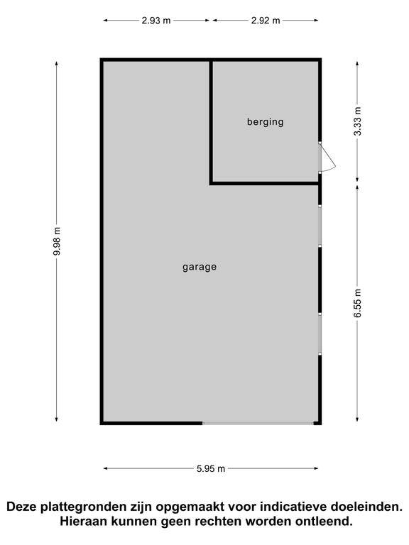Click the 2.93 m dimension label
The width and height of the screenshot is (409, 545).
[x=156, y=21]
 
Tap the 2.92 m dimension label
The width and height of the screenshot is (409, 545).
[x=266, y=21]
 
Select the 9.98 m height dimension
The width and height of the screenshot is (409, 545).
[x=57, y=241]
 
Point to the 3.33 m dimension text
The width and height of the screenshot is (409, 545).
[x=358, y=121]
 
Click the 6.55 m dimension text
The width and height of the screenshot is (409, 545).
[x=358, y=303]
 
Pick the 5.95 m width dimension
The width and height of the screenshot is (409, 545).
[x=211, y=468]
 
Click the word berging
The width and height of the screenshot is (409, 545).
[x=266, y=122]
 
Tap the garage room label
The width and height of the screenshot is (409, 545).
[x=200, y=267]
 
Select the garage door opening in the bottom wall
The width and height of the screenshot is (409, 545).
[x=258, y=423]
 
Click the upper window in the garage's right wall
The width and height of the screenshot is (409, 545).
[x=320, y=226]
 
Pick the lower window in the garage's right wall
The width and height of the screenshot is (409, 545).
[x=320, y=334]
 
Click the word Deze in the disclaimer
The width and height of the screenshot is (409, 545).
[x=21, y=507]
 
